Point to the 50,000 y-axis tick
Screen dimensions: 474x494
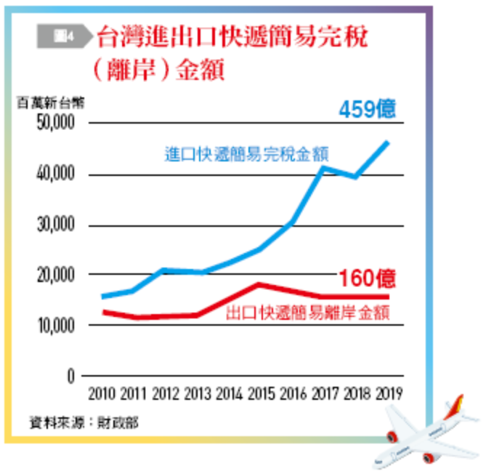(x=55, y=124)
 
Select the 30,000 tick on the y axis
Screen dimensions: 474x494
(x=55, y=225)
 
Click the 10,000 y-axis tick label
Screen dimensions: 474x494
(x=55, y=326)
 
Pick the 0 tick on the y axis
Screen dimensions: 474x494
(x=71, y=377)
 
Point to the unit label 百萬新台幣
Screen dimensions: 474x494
(x=50, y=103)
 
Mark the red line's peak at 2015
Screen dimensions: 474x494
(x=260, y=284)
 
